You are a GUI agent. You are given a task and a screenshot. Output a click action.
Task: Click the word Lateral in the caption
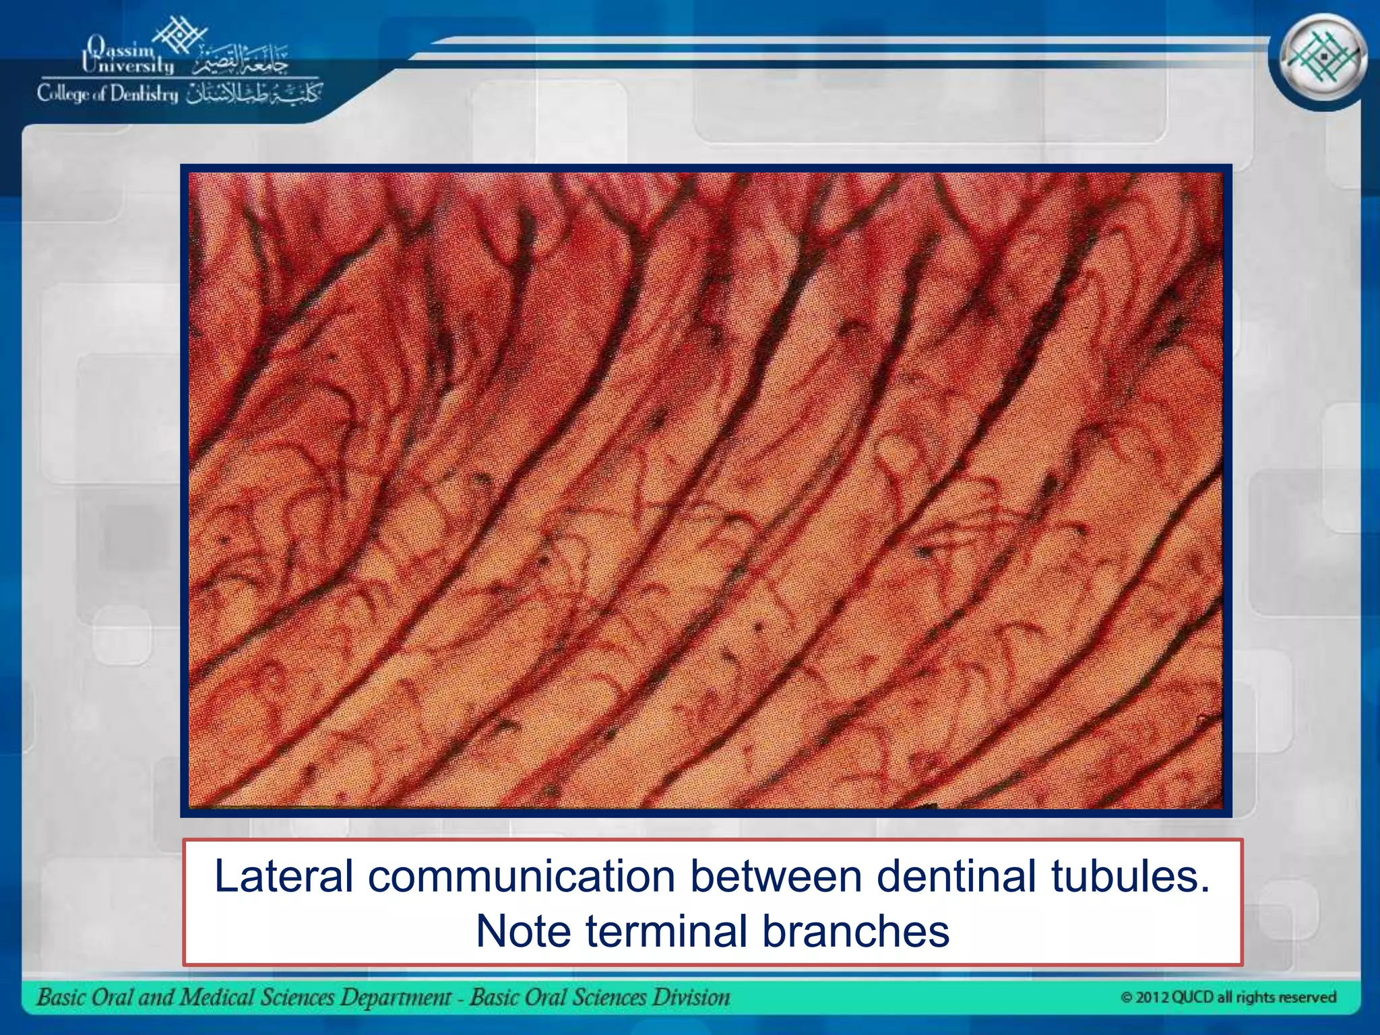click(x=284, y=877)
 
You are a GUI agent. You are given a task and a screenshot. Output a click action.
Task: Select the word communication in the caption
click(x=522, y=877)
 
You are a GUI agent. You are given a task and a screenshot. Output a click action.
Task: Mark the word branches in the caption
click(x=855, y=931)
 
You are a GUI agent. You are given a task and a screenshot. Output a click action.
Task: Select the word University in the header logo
click(x=128, y=65)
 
